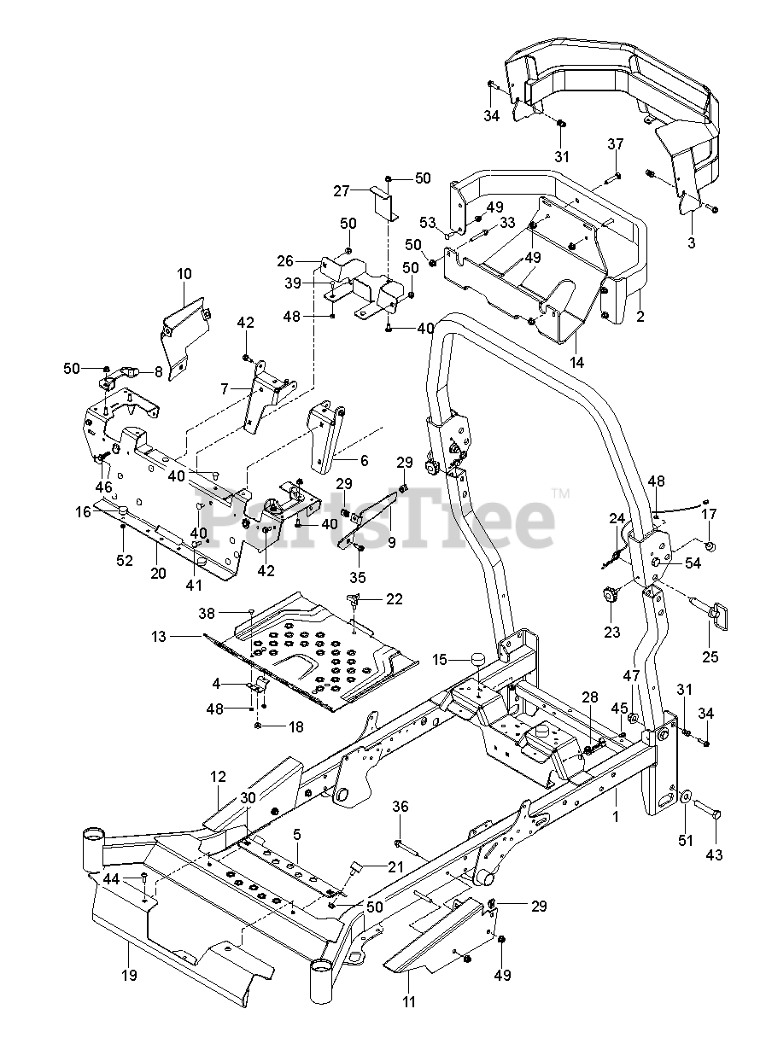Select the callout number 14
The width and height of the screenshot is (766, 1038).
(577, 363)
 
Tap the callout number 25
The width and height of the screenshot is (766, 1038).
(710, 656)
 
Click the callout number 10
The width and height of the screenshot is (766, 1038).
(185, 273)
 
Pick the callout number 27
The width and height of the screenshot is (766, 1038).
(342, 190)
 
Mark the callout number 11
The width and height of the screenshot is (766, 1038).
(409, 1001)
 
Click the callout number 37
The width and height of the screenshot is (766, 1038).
(617, 143)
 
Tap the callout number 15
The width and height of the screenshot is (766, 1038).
(440, 660)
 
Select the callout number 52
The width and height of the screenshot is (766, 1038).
(125, 560)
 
